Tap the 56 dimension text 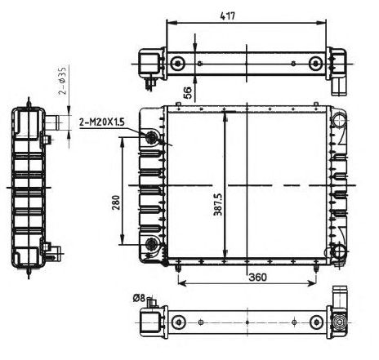point(187,92)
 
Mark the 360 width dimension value point(258,278)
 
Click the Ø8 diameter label point(137,299)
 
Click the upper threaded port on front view point(152,138)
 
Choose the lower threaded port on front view point(152,245)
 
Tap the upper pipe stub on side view point(54,122)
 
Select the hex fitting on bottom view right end point(337,321)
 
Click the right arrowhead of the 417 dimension point(329,24)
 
